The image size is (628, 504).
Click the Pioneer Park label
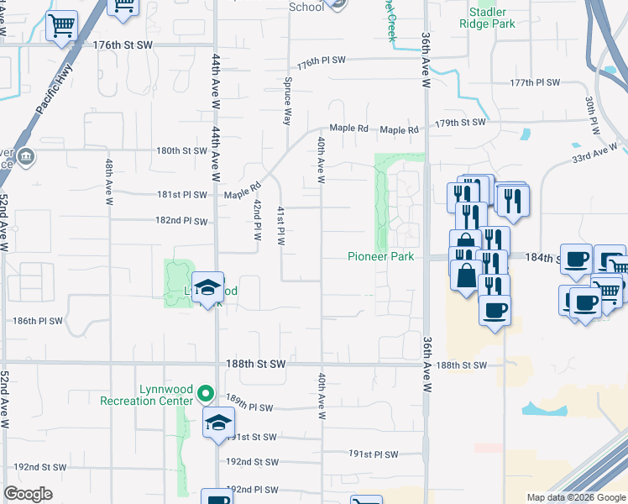381,256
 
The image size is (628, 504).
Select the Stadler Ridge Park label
487,18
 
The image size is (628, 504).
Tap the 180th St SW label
181,151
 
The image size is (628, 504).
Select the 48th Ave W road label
109,181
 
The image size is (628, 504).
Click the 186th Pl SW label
38,321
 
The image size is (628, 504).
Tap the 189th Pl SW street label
249,407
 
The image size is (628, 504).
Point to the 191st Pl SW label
374,454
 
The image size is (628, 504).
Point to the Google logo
28,494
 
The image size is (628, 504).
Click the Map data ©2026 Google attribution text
575,497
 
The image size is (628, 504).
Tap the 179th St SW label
460,123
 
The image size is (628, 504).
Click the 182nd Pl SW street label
181,221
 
